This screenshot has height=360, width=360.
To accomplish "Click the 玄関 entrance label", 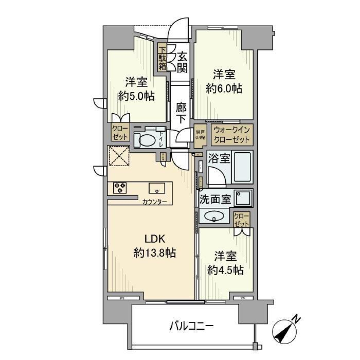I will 182,62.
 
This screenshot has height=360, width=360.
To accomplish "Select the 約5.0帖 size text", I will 136,96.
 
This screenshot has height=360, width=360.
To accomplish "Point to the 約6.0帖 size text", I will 224,88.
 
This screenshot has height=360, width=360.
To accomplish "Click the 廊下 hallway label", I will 182,113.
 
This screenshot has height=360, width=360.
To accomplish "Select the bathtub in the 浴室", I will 242,166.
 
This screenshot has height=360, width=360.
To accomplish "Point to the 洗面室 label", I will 215,198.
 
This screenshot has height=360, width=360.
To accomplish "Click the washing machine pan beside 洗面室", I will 243,198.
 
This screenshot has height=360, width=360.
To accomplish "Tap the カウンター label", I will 154,202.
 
